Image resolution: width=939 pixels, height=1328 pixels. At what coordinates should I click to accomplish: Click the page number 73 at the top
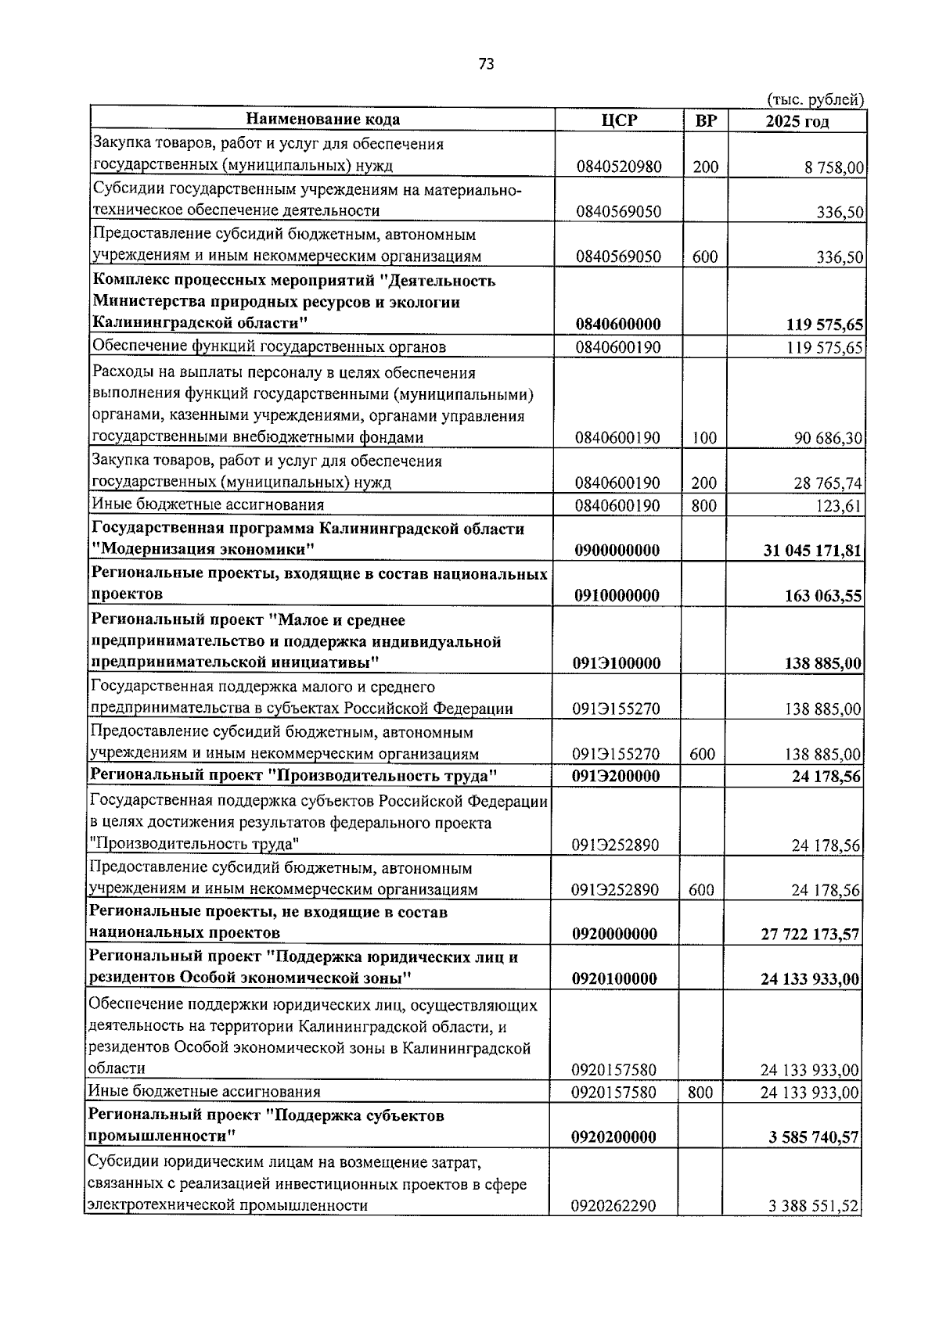(x=485, y=65)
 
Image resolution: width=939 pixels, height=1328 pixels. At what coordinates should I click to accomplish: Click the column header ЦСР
(x=619, y=120)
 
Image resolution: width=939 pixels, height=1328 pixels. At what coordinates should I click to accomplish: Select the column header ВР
(x=705, y=120)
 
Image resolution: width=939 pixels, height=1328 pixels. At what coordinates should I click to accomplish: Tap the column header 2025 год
(x=797, y=121)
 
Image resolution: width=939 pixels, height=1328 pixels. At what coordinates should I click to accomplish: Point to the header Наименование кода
(x=322, y=120)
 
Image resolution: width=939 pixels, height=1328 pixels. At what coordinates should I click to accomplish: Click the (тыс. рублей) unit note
(x=815, y=99)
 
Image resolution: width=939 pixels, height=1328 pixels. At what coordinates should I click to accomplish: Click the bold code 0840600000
(x=617, y=325)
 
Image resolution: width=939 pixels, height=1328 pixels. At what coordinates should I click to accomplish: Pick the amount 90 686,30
(x=829, y=439)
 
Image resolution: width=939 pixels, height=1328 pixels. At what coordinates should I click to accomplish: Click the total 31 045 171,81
(x=812, y=551)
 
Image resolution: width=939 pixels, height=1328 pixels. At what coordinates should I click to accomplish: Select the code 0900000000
(x=617, y=551)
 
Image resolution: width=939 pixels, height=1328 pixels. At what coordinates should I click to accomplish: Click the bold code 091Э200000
(x=617, y=776)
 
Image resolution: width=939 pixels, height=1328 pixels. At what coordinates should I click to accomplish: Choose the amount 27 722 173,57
(x=810, y=934)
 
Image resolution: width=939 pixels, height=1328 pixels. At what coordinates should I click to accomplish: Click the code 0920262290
(x=613, y=1228)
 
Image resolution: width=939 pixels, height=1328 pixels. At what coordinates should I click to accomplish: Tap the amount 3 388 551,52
(x=814, y=1229)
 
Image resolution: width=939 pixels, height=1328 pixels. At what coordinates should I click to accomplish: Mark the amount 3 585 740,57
(x=814, y=1137)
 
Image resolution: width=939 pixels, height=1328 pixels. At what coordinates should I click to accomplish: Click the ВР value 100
(x=704, y=439)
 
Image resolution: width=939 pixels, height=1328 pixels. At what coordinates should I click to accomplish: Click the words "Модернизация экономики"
(x=203, y=550)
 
